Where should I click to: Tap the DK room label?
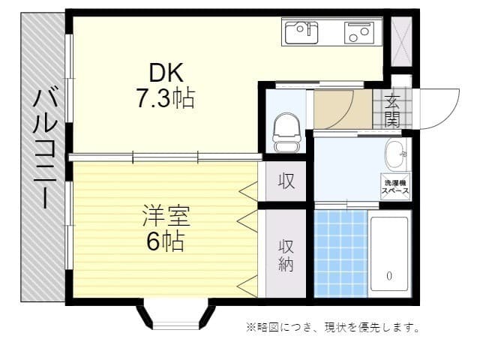[166, 73]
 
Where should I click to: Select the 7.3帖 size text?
[166, 98]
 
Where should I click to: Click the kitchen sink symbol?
[303, 32]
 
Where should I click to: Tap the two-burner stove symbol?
[359, 32]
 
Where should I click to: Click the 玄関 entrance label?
[392, 109]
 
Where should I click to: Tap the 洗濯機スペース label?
[394, 187]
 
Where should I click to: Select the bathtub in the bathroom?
[389, 256]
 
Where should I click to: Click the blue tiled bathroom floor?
[340, 255]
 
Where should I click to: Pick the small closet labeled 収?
[286, 181]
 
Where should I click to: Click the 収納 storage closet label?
[286, 256]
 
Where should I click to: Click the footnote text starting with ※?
[332, 327]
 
